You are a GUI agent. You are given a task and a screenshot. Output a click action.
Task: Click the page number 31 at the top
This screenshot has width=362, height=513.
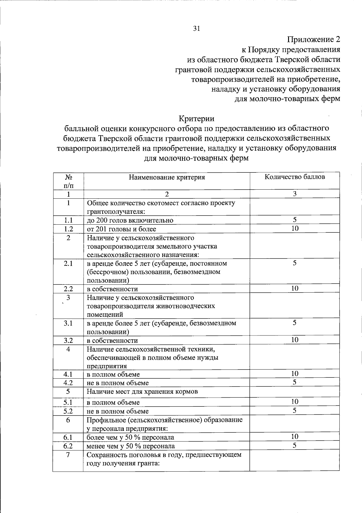tap(196, 29)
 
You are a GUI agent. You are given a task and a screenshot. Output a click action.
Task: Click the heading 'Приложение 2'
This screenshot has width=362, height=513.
tap(313, 40)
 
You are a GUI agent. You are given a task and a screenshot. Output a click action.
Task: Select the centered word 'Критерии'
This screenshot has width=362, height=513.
tap(196, 118)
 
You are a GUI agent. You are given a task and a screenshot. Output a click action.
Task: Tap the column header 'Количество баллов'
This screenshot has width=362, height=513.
tap(294, 177)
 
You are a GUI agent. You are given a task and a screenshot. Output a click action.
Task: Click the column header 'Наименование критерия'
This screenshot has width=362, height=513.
tap(167, 177)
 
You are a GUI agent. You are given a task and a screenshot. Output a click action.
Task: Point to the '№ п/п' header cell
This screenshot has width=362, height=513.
tap(68, 181)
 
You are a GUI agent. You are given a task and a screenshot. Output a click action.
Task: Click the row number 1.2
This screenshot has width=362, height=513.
tap(68, 229)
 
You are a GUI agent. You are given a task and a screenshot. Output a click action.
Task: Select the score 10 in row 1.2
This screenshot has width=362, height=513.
tap(295, 229)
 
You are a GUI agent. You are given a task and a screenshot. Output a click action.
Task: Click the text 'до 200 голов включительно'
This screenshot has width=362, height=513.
tap(130, 220)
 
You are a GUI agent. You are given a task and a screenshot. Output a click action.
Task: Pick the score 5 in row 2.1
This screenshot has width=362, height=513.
tap(295, 263)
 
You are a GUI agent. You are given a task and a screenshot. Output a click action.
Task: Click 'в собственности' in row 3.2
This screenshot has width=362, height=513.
tap(112, 341)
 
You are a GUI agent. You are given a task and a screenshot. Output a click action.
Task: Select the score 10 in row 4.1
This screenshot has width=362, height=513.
tap(295, 374)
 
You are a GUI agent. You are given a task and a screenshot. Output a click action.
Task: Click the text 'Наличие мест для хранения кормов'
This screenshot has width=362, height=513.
tap(142, 392)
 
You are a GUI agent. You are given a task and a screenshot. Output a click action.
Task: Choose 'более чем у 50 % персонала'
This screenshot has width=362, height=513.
tap(130, 437)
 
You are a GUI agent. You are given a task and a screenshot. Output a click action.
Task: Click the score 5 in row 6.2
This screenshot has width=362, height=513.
tap(295, 445)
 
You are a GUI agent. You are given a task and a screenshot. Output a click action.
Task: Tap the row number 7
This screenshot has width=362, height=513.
tap(68, 455)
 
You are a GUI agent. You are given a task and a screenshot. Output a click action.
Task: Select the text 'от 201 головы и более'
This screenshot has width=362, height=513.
tap(122, 229)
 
